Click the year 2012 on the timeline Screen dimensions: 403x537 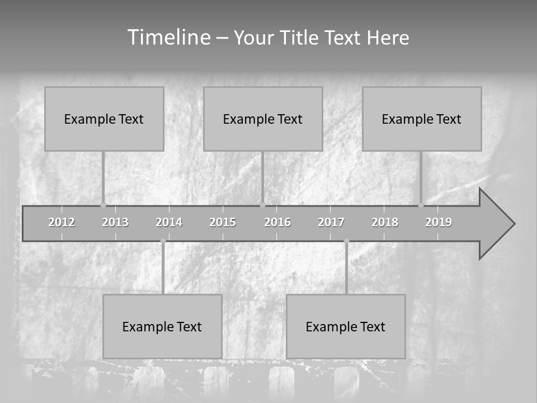pyautogui.click(x=62, y=222)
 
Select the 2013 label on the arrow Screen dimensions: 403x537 pyautogui.click(x=115, y=222)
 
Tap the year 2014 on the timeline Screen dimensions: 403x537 pyautogui.click(x=169, y=222)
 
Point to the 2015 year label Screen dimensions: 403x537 pyautogui.click(x=223, y=222)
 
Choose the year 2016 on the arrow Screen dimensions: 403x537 pyautogui.click(x=277, y=222)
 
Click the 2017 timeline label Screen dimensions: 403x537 pyautogui.click(x=331, y=222)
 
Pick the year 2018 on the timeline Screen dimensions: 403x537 pyautogui.click(x=385, y=222)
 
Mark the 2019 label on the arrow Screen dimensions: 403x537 pyautogui.click(x=439, y=222)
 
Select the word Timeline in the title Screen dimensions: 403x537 pyautogui.click(x=168, y=38)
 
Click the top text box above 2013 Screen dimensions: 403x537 pyautogui.click(x=104, y=119)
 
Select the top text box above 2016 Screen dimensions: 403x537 pyautogui.click(x=263, y=119)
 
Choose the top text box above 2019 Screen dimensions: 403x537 pyautogui.click(x=422, y=119)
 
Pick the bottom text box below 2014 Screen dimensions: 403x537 pyautogui.click(x=162, y=326)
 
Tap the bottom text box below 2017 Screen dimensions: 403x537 pyautogui.click(x=346, y=326)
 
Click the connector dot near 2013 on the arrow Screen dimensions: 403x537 pyautogui.click(x=103, y=205)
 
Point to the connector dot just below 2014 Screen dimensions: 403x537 pyautogui.click(x=163, y=241)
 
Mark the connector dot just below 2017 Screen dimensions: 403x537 pyautogui.click(x=346, y=241)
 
